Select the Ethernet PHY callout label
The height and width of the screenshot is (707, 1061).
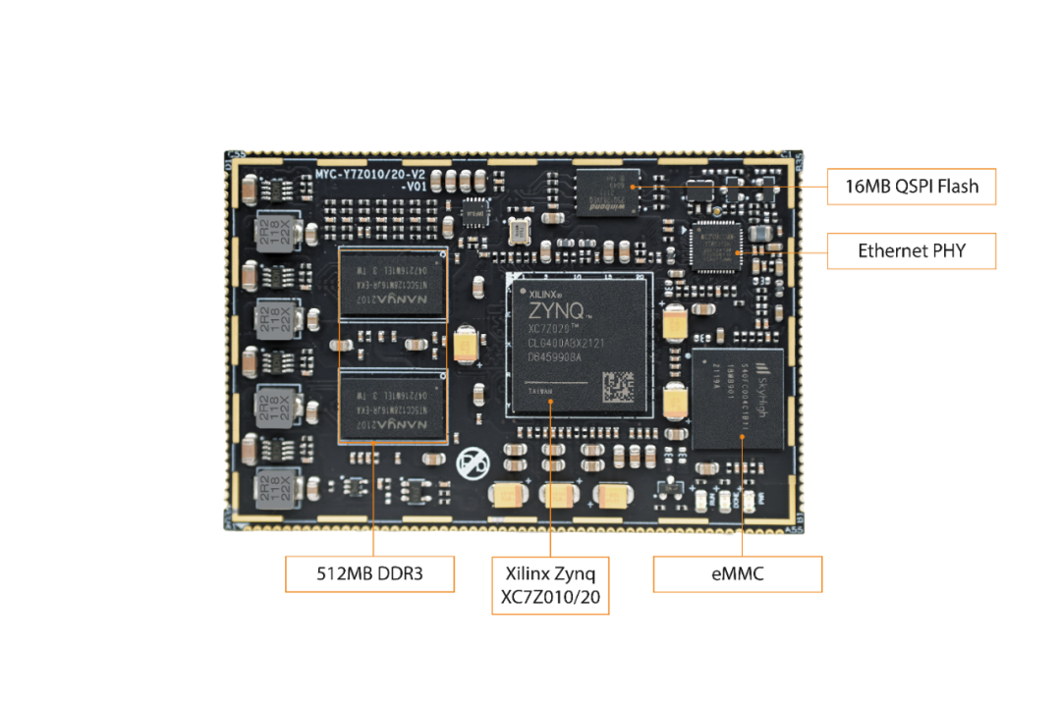[x=912, y=251]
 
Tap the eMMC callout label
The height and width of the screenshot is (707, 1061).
[x=737, y=574]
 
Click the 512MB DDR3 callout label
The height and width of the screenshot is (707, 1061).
[x=369, y=574]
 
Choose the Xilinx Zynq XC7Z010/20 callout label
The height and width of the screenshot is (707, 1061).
[x=550, y=586]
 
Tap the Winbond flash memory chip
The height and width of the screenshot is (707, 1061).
[x=606, y=190]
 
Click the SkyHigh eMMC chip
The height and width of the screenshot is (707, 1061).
[x=737, y=399]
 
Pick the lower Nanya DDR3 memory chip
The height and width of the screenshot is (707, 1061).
[x=392, y=404]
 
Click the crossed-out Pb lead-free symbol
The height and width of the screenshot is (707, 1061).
[x=470, y=462]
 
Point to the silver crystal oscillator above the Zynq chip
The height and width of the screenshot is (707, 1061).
[x=518, y=233]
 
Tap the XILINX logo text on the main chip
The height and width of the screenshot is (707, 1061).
[x=544, y=293]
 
